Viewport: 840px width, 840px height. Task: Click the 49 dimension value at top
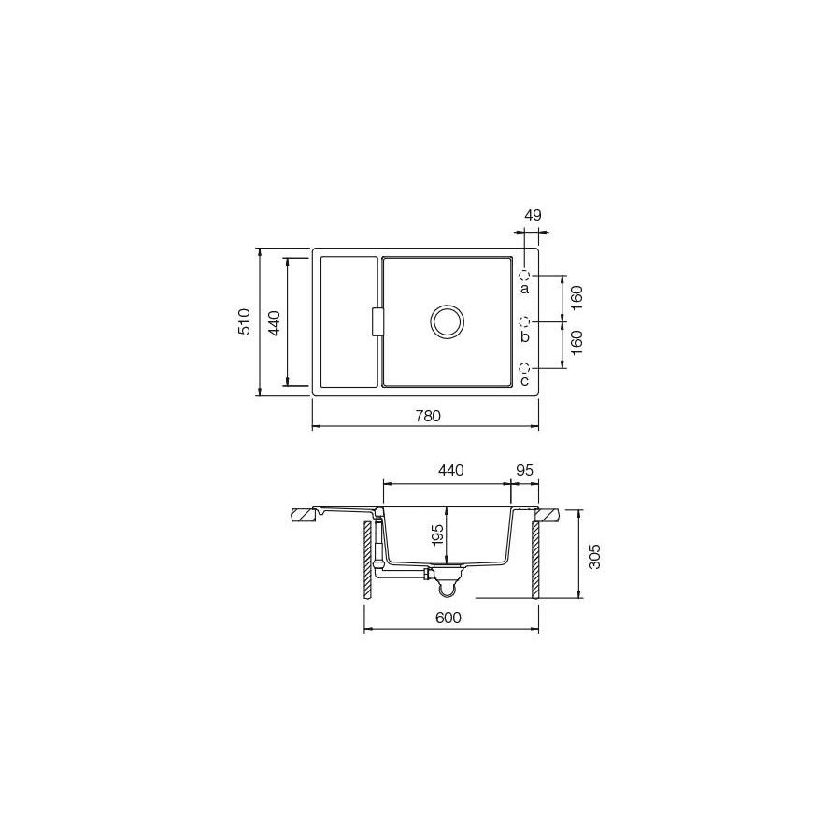click(x=533, y=215)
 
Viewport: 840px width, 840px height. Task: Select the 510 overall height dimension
click(x=245, y=321)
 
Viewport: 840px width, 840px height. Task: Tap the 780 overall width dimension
click(x=427, y=415)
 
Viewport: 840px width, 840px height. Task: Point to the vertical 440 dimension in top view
click(x=274, y=321)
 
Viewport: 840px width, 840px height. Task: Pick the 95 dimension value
click(x=524, y=470)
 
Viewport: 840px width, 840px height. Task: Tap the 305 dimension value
click(x=595, y=554)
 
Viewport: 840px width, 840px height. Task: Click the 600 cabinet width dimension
click(x=448, y=618)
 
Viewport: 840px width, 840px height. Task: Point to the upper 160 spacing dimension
click(x=577, y=297)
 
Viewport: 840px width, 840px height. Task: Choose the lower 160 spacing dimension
click(x=577, y=344)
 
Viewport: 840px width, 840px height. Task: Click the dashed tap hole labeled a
click(x=525, y=276)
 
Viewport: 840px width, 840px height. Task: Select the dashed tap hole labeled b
click(x=525, y=321)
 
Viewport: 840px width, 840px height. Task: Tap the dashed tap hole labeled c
click(x=525, y=367)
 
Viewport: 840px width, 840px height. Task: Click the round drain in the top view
click(x=447, y=320)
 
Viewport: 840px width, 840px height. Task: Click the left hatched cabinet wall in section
click(x=367, y=561)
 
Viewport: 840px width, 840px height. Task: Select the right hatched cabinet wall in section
click(x=534, y=561)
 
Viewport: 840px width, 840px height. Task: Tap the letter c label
click(x=524, y=381)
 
